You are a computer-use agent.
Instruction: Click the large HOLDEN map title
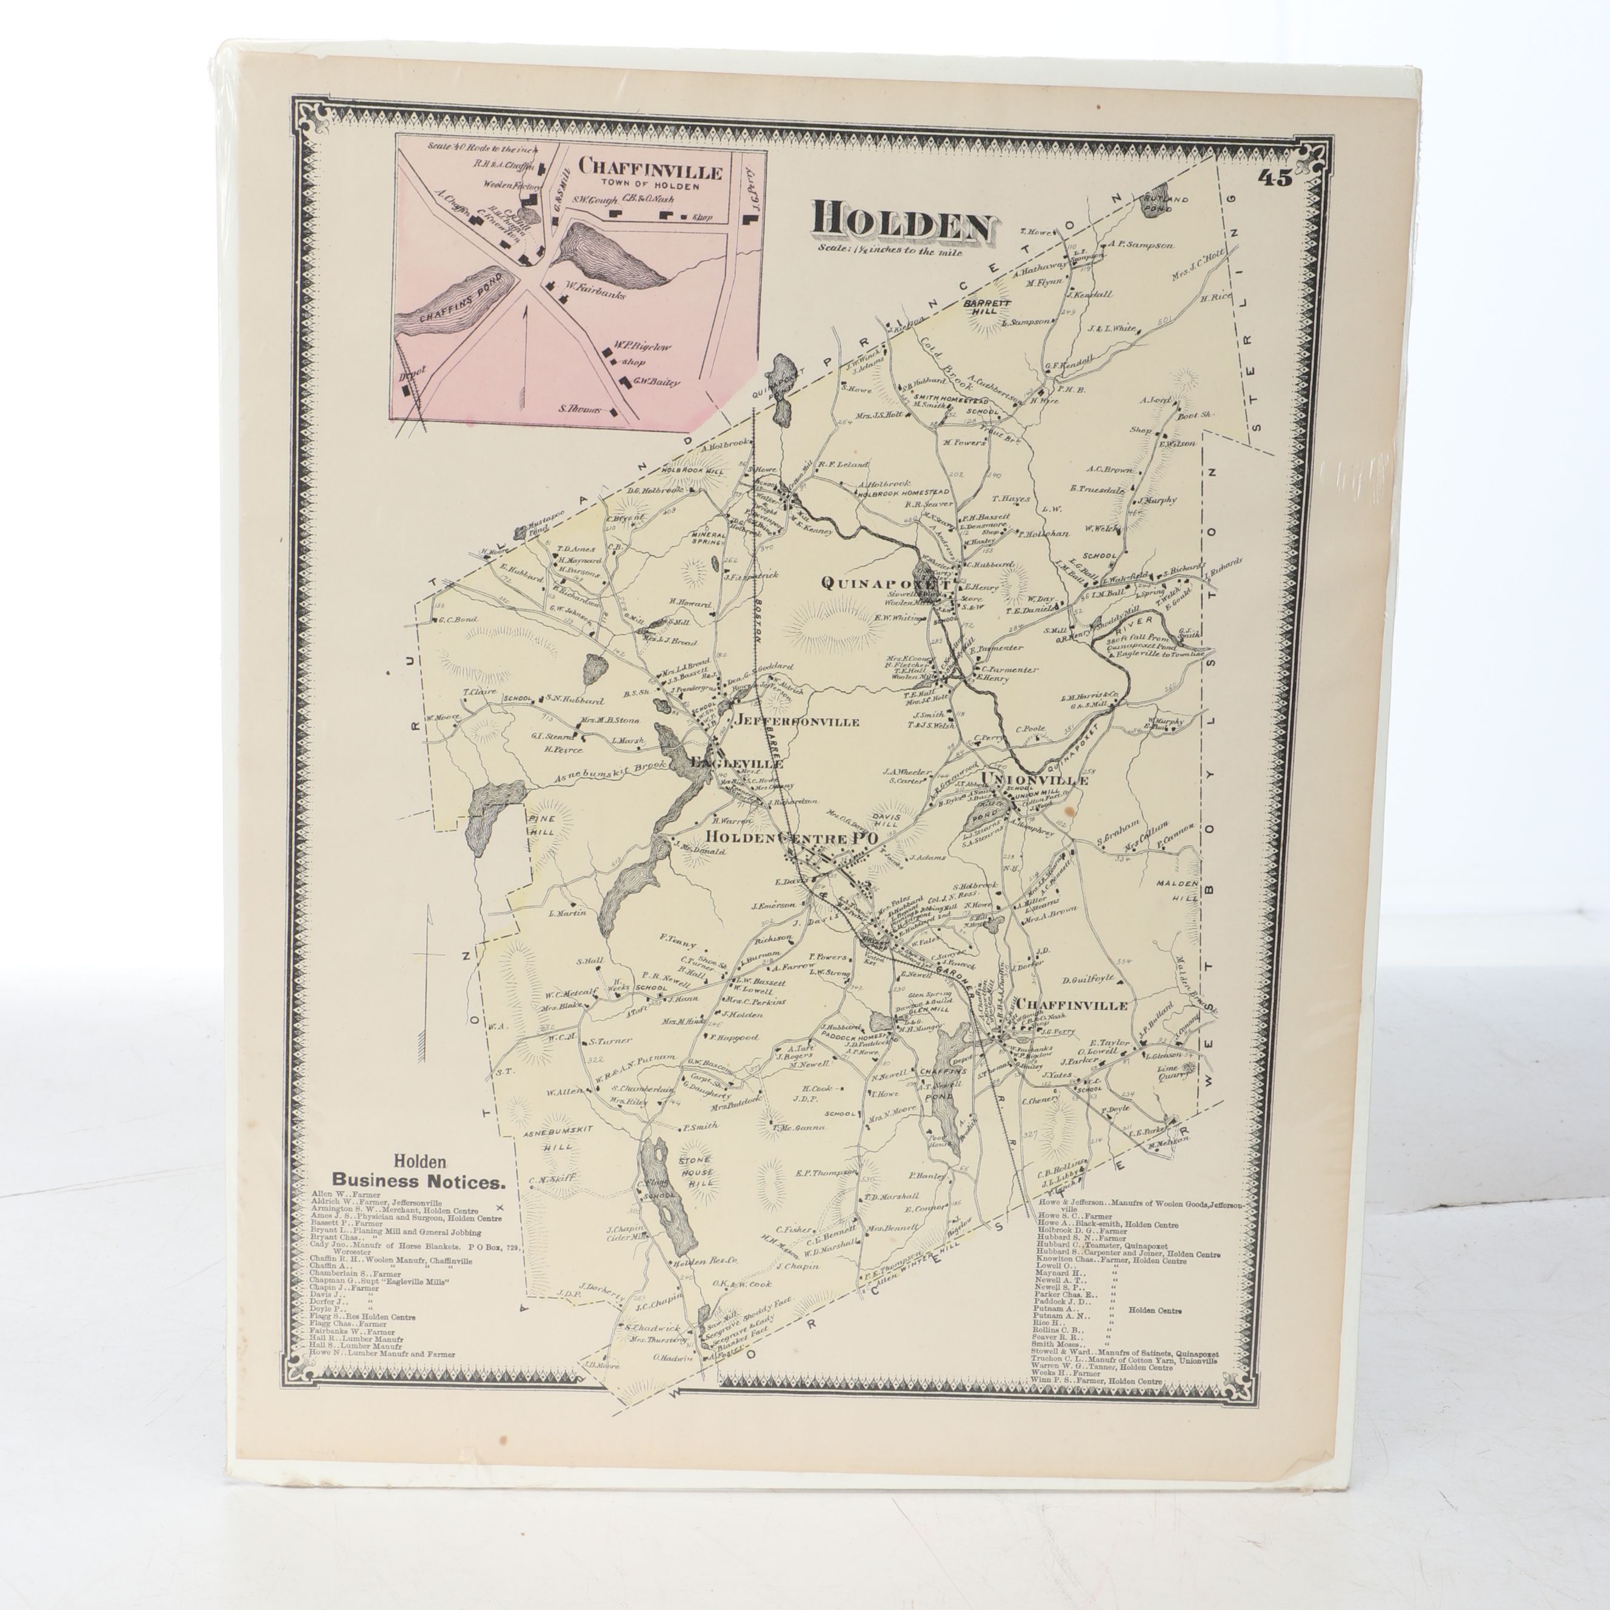point(903,220)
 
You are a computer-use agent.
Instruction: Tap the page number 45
point(1275,178)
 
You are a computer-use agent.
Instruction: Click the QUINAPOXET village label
point(885,583)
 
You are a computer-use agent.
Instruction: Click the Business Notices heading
point(418,1181)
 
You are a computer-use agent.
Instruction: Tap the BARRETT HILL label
point(987,307)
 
